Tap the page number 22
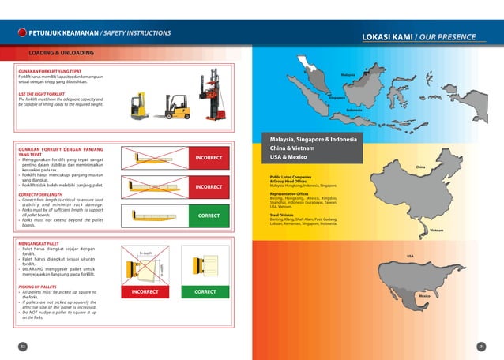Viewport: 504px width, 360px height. pyautogui.click(x=22, y=347)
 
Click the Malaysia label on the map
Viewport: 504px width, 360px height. pyautogui.click(x=348, y=74)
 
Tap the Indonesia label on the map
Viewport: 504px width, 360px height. pyautogui.click(x=354, y=110)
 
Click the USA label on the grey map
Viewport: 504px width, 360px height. pyautogui.click(x=410, y=257)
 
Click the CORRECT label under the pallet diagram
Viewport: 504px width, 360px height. pyautogui.click(x=204, y=291)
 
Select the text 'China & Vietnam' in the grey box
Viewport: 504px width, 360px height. pyautogui.click(x=294, y=148)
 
